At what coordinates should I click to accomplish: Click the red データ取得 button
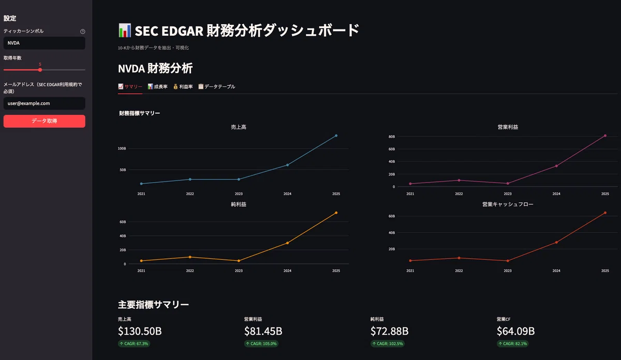click(x=45, y=121)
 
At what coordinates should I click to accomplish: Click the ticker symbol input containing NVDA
click(x=45, y=43)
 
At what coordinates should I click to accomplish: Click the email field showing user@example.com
click(x=45, y=103)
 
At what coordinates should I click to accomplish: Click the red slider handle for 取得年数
click(x=40, y=70)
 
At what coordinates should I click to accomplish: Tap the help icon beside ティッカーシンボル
click(x=83, y=32)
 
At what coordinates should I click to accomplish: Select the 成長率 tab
click(x=157, y=87)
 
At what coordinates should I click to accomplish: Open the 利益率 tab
click(x=183, y=87)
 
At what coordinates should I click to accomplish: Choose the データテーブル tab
click(x=216, y=87)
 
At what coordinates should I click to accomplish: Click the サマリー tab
click(x=130, y=87)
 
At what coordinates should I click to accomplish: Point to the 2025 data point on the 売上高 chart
click(x=336, y=136)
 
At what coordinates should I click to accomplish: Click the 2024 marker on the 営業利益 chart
click(x=556, y=166)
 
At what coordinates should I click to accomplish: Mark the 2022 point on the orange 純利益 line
click(x=190, y=257)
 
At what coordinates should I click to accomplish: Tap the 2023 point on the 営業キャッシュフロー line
click(x=508, y=261)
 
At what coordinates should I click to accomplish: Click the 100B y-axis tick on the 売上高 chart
click(x=122, y=148)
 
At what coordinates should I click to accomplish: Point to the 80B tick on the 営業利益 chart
click(x=391, y=137)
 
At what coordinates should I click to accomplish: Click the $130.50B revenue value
click(x=140, y=331)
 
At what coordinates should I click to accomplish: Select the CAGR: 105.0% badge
click(x=261, y=343)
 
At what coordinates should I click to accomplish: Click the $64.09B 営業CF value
click(x=515, y=331)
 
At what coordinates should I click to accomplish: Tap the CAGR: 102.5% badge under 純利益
click(x=388, y=343)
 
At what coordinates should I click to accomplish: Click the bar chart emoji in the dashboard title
click(x=125, y=30)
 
